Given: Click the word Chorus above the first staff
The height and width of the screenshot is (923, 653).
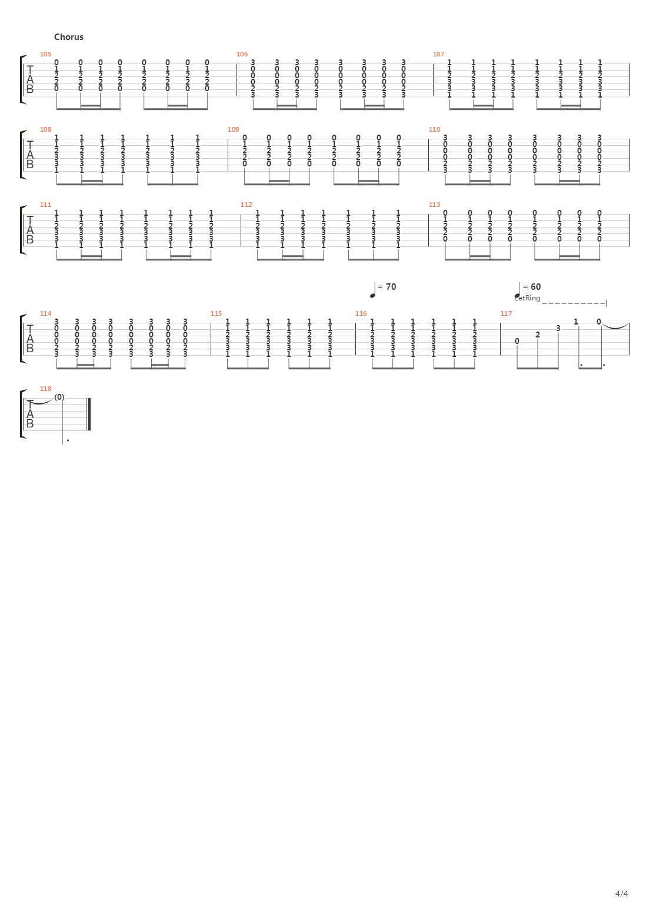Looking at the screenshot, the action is pos(69,37).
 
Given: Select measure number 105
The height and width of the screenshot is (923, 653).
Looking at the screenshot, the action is pos(46,54).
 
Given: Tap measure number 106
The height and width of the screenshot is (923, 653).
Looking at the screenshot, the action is pos(242,54).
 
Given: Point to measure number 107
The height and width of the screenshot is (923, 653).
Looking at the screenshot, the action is pos(439,54).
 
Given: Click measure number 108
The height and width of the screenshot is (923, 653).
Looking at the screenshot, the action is pos(46,129).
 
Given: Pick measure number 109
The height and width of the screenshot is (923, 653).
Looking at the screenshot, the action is pos(234,129).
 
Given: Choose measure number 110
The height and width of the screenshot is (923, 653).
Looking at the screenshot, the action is pos(435,129).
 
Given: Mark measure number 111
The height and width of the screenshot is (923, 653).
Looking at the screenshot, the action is pos(46,205).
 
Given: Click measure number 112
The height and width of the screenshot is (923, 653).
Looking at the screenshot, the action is pos(246,205).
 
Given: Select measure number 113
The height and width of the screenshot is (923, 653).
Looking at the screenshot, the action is pos(435,205).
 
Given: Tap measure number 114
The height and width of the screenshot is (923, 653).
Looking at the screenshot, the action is pos(46,313).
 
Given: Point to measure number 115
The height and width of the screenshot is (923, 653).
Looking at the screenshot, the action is pos(216,313).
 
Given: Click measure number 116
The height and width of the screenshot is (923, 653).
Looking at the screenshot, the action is pos(361,313).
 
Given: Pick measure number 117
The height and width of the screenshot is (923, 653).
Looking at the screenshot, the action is pos(507,313).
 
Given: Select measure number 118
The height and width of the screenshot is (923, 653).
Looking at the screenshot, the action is pos(46,389).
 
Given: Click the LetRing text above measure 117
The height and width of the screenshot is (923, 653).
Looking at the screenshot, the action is pos(527,298).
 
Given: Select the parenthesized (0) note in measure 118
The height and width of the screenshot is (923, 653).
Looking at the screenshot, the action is pos(59,397).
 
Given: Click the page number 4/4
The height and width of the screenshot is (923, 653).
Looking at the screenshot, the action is pos(622,905).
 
